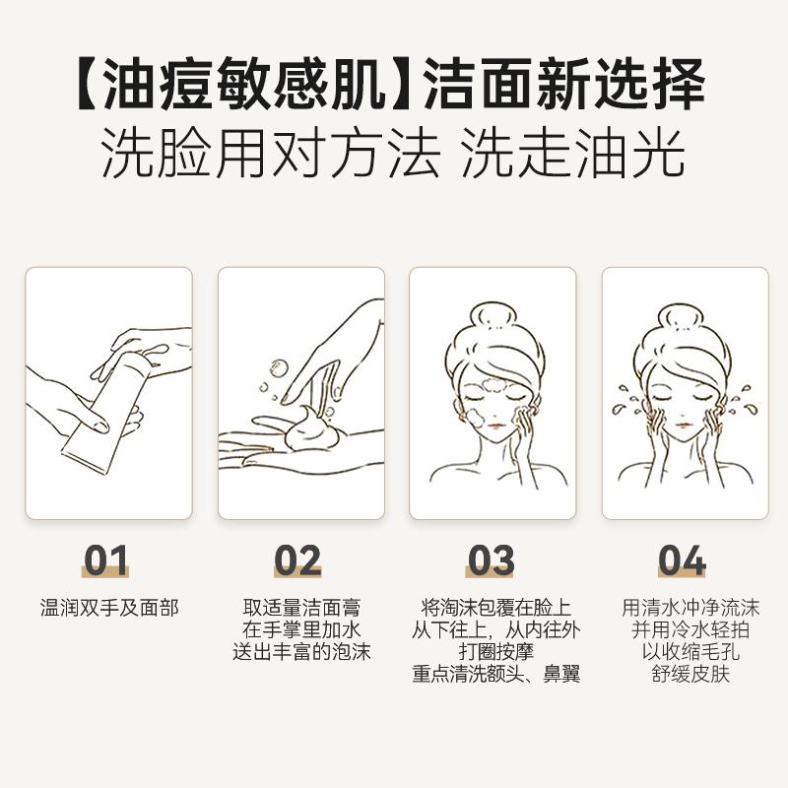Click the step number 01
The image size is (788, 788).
[105, 559]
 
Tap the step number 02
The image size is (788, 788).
[297, 559]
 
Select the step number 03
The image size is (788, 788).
[491, 559]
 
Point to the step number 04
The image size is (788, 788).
[683, 559]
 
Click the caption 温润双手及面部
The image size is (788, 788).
[109, 608]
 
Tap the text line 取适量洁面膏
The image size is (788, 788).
[301, 608]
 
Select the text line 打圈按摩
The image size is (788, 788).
[495, 652]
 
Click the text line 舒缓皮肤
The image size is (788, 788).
[690, 674]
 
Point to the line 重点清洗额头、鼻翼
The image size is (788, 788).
[496, 674]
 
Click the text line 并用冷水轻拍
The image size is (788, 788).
[690, 629]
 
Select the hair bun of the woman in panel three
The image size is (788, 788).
[493, 316]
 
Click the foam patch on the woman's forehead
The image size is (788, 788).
[495, 387]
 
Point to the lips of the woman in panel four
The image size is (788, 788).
[682, 427]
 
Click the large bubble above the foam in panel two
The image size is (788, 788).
[278, 367]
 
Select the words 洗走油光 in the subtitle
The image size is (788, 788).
[573, 153]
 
